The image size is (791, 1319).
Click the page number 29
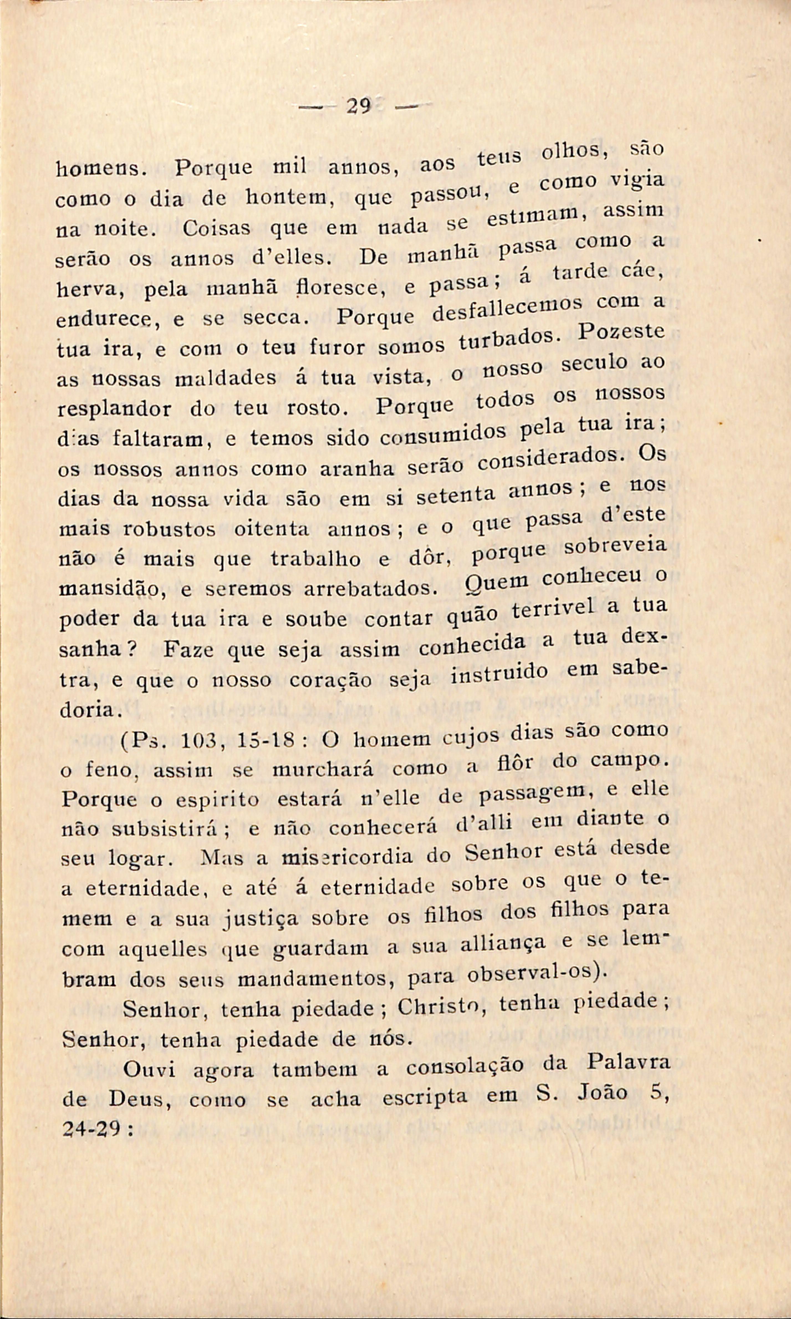pyautogui.click(x=358, y=107)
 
